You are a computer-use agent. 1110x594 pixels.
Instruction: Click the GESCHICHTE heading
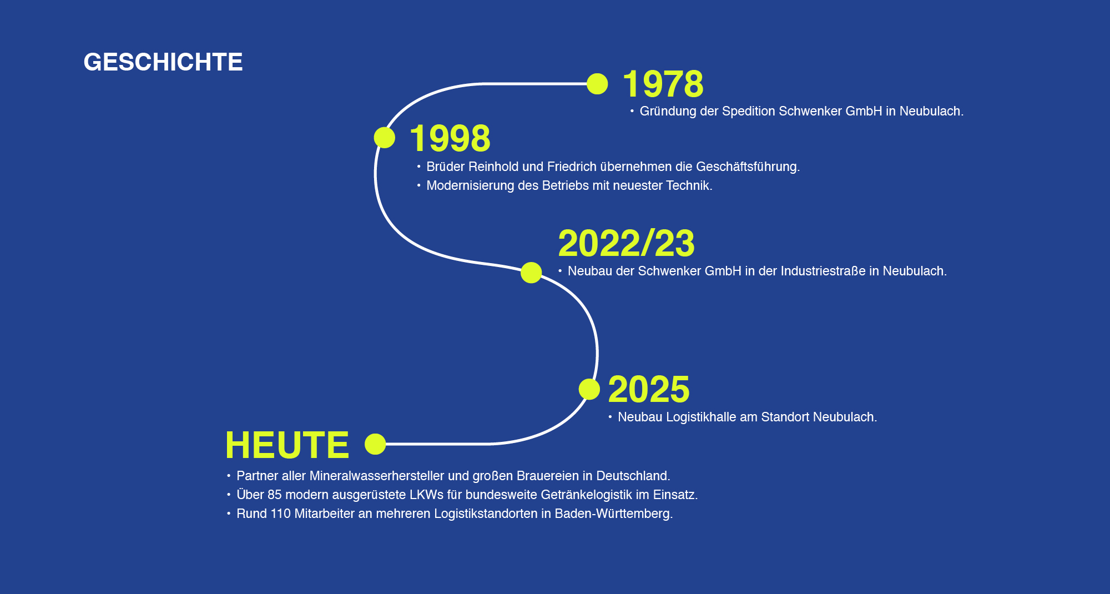pyautogui.click(x=163, y=62)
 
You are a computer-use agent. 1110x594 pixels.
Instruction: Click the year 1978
pyautogui.click(x=663, y=84)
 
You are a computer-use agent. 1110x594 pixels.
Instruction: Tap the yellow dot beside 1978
pyautogui.click(x=597, y=84)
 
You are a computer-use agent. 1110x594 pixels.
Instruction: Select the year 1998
pyautogui.click(x=450, y=138)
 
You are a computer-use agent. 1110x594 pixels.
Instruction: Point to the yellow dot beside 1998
pyautogui.click(x=385, y=138)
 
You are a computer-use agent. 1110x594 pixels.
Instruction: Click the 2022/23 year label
pyautogui.click(x=626, y=243)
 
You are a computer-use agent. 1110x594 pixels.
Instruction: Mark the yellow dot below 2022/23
pyautogui.click(x=531, y=273)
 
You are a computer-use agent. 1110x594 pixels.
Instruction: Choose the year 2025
pyautogui.click(x=649, y=389)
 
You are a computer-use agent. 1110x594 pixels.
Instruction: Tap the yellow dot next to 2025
pyautogui.click(x=589, y=389)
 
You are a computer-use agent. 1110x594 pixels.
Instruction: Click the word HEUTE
pyautogui.click(x=287, y=445)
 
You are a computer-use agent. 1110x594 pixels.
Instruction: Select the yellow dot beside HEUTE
pyautogui.click(x=375, y=444)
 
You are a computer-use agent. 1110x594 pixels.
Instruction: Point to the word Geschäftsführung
pyautogui.click(x=747, y=167)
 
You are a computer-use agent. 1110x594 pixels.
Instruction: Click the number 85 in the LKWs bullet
pyautogui.click(x=274, y=495)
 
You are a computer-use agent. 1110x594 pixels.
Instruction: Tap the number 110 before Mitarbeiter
pyautogui.click(x=280, y=514)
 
